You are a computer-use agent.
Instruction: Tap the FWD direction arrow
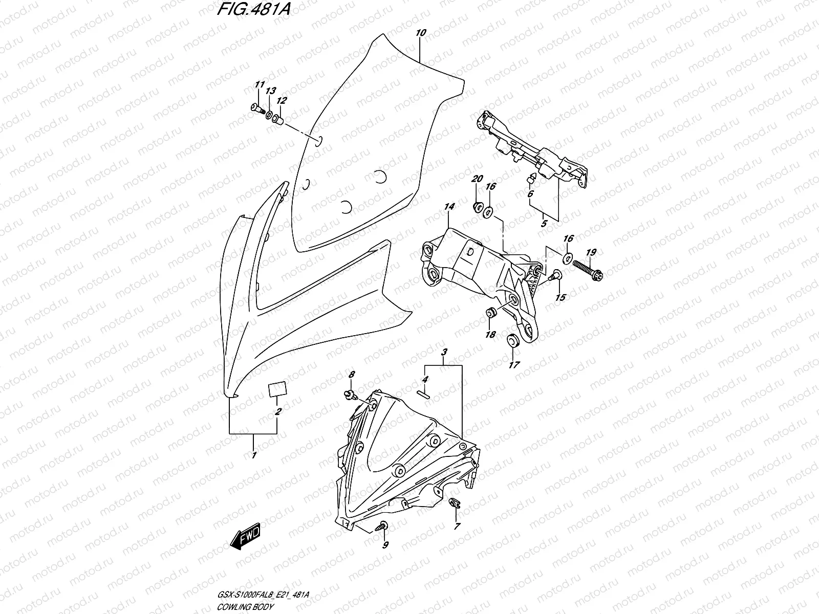click(246, 539)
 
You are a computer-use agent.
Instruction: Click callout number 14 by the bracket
click(449, 207)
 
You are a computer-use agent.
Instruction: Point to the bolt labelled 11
click(256, 108)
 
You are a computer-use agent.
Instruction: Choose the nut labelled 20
click(477, 206)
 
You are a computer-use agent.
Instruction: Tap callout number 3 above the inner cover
click(444, 353)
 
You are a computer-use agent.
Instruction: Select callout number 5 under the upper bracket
click(544, 224)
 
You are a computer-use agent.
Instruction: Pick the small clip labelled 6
click(531, 178)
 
